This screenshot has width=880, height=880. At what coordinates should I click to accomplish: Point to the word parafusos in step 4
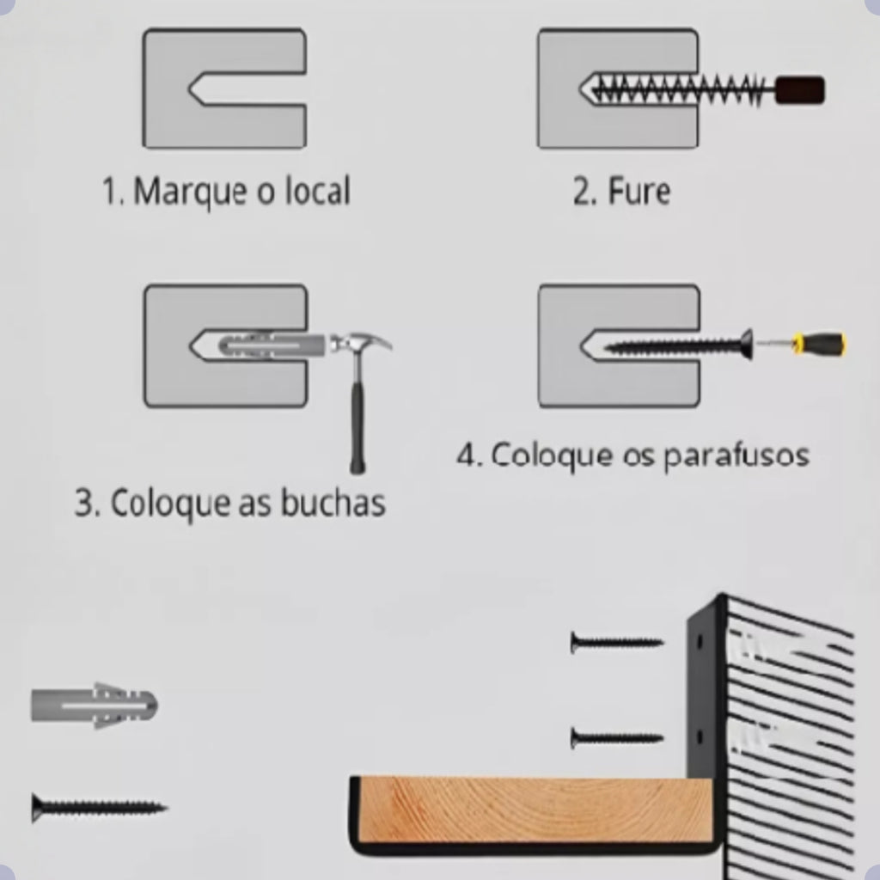point(736,455)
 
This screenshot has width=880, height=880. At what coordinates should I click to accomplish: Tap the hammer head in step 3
point(361,344)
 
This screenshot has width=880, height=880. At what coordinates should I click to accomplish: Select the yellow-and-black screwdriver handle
point(822,345)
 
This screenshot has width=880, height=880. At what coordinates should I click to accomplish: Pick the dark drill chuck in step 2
point(799,90)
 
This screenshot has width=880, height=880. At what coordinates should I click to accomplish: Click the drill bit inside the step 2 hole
point(679,89)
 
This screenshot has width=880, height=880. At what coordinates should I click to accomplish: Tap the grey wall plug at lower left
point(95,706)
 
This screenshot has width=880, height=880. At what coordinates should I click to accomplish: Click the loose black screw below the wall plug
point(99,807)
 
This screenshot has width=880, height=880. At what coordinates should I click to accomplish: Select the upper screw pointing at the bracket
point(616,642)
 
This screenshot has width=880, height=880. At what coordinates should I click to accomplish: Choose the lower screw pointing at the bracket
point(616,737)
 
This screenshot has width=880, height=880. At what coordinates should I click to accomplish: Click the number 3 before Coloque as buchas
point(83,503)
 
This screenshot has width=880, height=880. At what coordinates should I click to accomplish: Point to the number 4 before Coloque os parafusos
point(466,455)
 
